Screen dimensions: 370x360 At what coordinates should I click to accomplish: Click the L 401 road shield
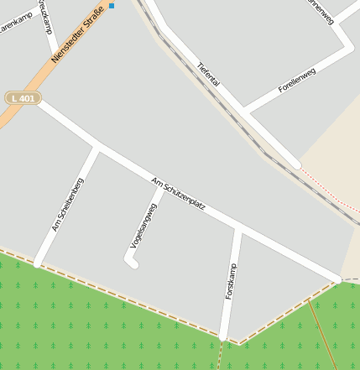23,97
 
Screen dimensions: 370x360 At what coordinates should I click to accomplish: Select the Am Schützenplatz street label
179,193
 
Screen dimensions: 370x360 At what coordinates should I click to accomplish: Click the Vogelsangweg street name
143,227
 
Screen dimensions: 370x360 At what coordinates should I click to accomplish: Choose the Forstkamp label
231,282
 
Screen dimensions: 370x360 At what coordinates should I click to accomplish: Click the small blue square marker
112,6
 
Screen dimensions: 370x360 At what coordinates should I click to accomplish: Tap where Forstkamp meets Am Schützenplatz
239,229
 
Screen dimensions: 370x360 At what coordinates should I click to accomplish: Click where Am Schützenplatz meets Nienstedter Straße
38,100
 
